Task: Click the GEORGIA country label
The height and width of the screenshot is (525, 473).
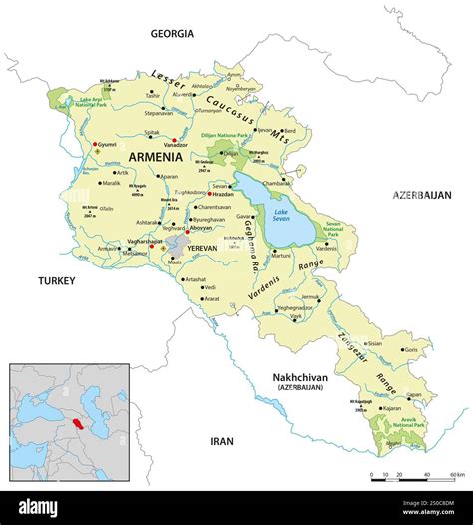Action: click(x=171, y=33)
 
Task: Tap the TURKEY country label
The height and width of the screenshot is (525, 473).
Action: click(x=57, y=281)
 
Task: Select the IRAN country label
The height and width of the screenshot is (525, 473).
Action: click(x=221, y=440)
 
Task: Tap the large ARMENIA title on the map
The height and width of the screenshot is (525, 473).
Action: click(x=155, y=157)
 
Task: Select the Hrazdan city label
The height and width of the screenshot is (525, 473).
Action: click(x=225, y=194)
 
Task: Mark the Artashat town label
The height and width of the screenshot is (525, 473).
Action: click(x=195, y=279)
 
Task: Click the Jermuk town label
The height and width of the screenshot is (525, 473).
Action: click(x=312, y=297)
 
